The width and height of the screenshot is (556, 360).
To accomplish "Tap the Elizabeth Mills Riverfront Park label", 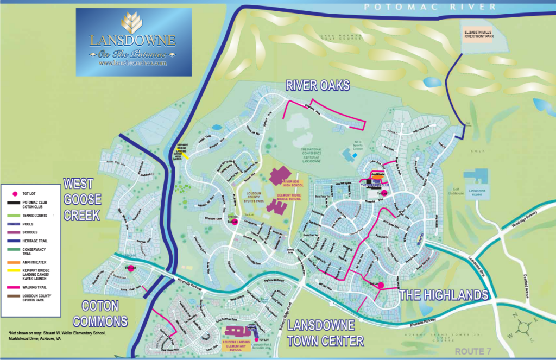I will [485, 35].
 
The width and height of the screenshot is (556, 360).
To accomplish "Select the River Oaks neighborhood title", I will [318, 86].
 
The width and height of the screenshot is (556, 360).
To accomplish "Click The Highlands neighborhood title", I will [444, 295].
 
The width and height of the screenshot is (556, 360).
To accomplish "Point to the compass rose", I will [524, 327].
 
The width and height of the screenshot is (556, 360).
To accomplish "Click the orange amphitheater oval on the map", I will [378, 176].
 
